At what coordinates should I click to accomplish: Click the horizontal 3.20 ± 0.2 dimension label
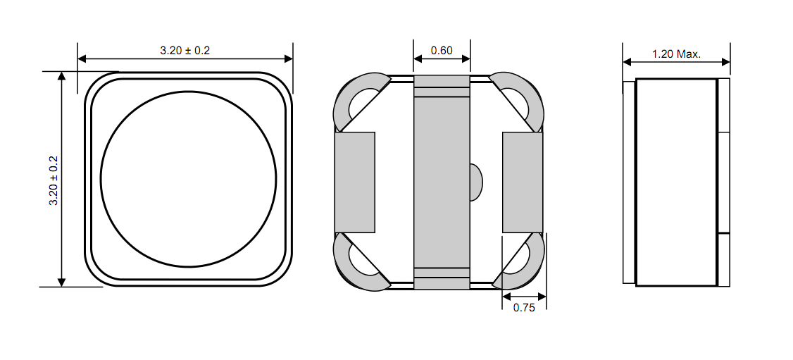pyautogui.click(x=185, y=51)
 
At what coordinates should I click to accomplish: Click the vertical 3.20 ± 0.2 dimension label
pyautogui.click(x=54, y=180)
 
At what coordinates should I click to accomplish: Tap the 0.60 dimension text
pyautogui.click(x=442, y=51)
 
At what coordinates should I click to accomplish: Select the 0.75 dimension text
pyautogui.click(x=524, y=307)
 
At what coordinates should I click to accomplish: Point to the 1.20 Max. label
pyautogui.click(x=676, y=54)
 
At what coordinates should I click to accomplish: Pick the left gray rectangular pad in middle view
pyautogui.click(x=354, y=182)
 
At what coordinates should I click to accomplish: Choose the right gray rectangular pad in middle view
pyautogui.click(x=523, y=182)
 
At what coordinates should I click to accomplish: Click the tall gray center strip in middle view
pyautogui.click(x=442, y=182)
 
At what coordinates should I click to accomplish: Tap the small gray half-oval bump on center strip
pyautogui.click(x=476, y=182)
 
